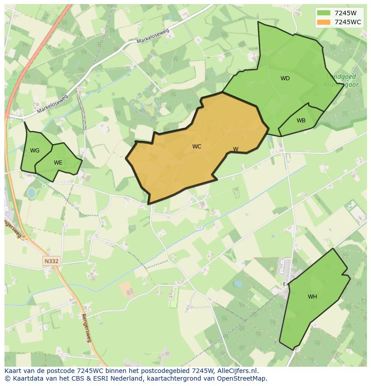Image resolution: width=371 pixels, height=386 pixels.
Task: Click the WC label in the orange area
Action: coord(197,147)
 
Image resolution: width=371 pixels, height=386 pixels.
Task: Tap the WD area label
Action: coord(285,78)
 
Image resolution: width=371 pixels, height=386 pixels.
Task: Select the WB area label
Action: coord(301,121)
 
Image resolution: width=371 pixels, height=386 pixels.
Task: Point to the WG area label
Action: coord(35,151)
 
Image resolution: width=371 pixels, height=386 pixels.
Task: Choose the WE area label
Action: coord(58,163)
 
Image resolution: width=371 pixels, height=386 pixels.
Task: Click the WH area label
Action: coord(312,297)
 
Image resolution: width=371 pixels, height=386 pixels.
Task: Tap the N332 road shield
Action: coord(52,261)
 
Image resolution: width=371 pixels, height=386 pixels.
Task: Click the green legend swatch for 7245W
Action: coord(323,13)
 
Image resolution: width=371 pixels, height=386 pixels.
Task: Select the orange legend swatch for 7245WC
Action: coord(323,22)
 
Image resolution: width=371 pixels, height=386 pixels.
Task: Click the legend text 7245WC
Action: coord(348,22)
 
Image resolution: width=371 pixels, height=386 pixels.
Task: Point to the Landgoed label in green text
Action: coord(341,77)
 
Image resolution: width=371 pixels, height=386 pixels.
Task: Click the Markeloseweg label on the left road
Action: coord(52,104)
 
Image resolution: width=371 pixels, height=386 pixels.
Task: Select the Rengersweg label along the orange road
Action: coord(86,328)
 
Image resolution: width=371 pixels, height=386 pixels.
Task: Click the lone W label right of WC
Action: coord(236,149)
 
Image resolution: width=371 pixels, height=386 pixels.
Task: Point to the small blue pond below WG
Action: coord(31,193)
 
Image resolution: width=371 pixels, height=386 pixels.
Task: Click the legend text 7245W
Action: coord(345,13)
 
